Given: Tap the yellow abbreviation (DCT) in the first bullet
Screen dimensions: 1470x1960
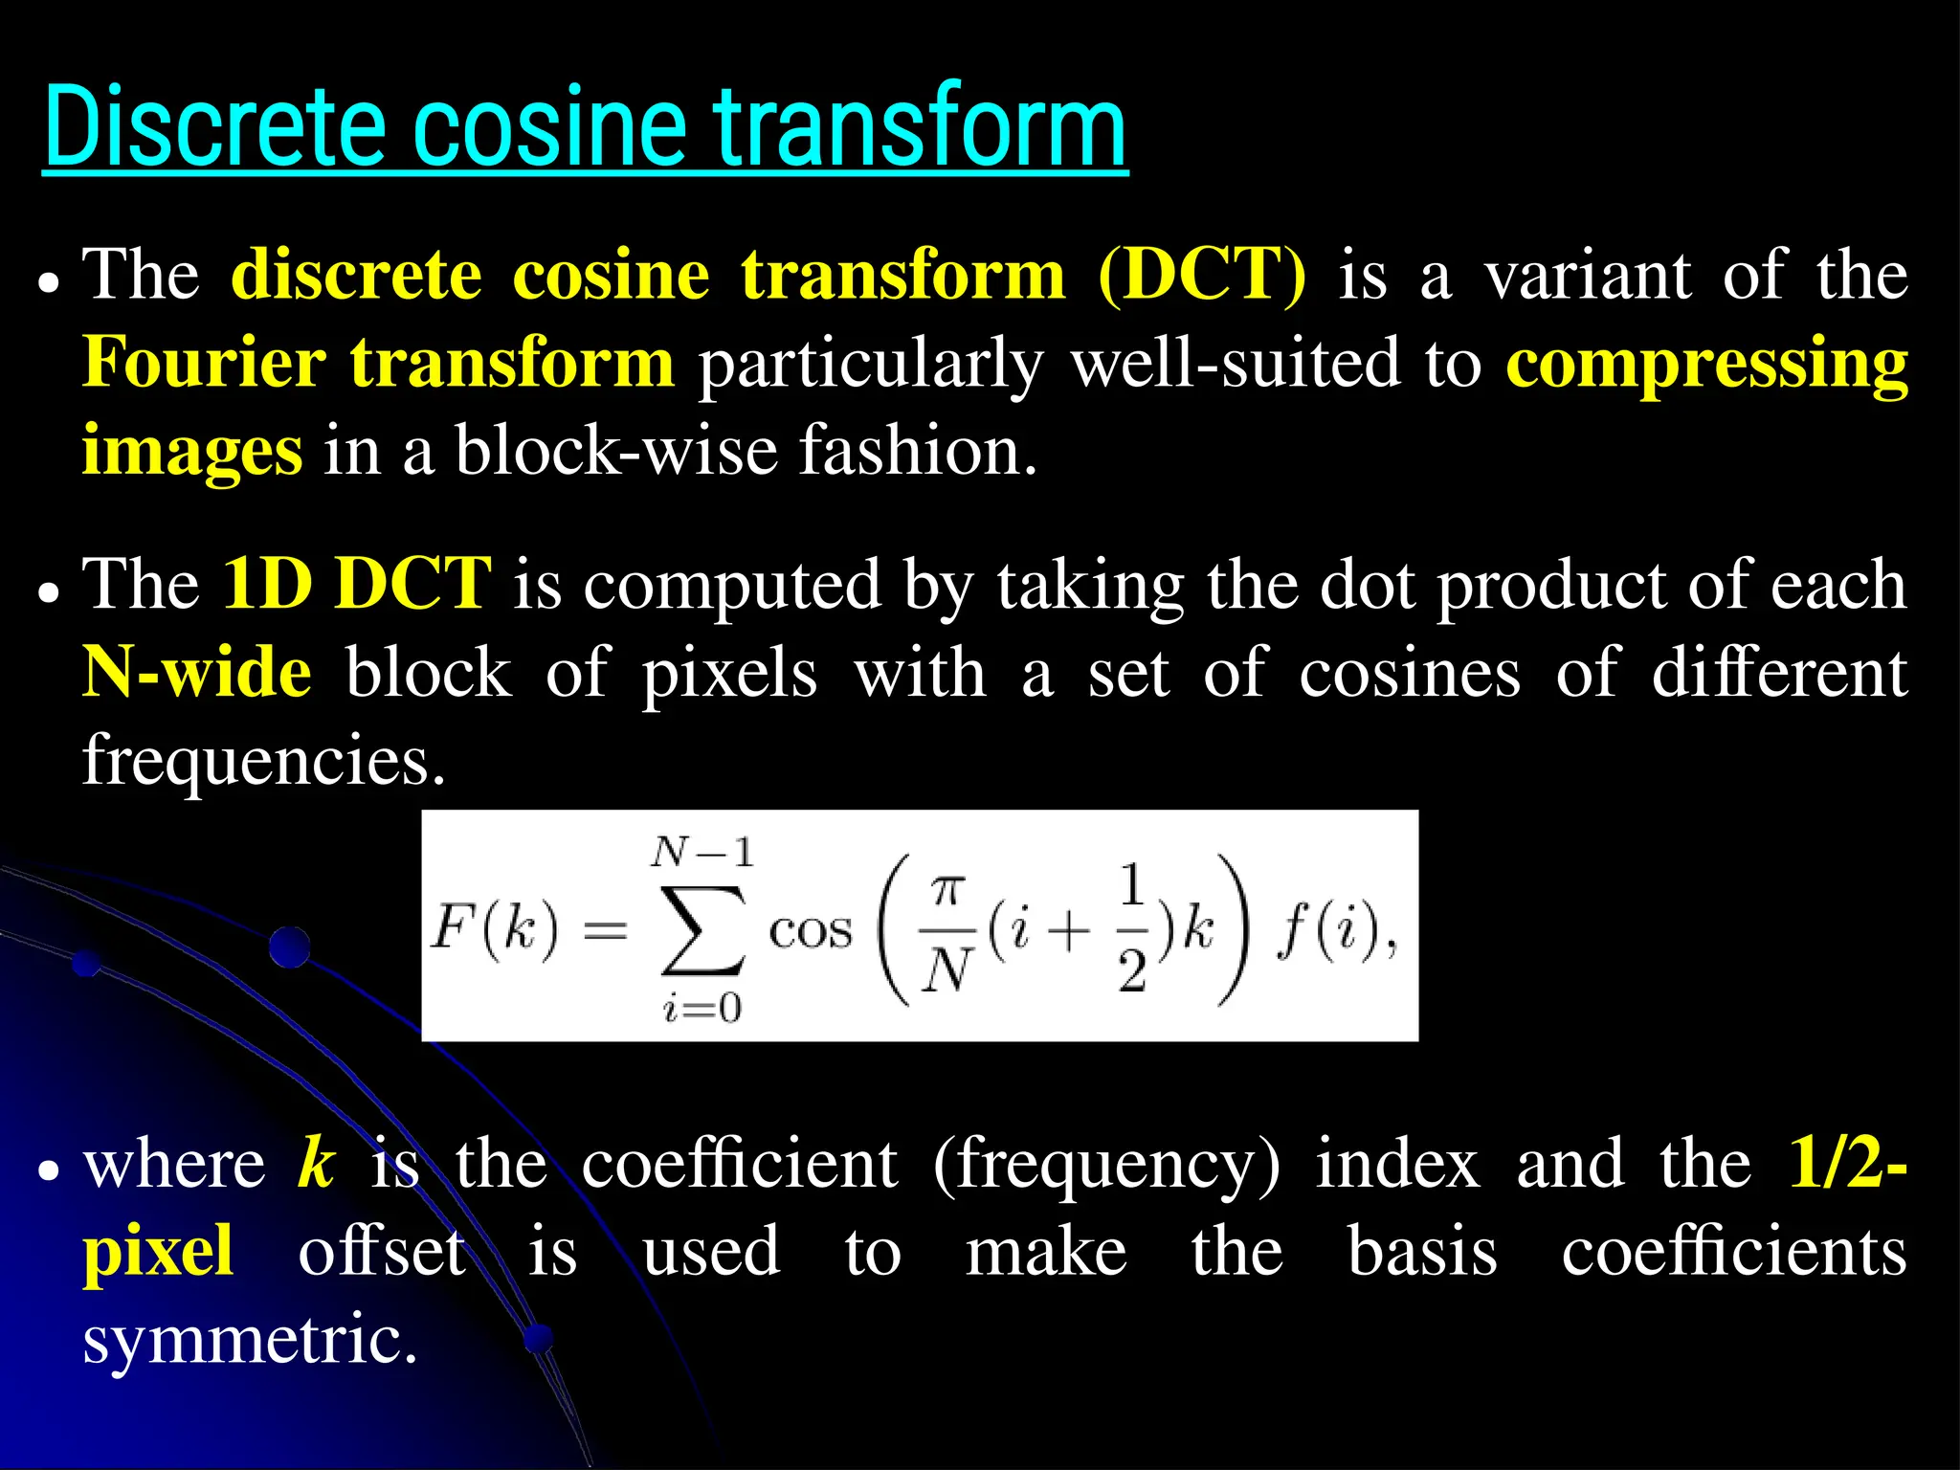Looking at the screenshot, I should click(1202, 276).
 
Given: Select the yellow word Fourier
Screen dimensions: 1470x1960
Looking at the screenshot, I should click(204, 364).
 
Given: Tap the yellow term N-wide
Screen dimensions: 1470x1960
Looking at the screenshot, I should click(197, 672).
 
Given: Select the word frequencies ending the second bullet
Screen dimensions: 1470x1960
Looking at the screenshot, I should click(264, 760).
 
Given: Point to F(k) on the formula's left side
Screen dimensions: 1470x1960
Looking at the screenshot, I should click(494, 927).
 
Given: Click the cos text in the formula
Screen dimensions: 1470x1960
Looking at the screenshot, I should click(810, 931).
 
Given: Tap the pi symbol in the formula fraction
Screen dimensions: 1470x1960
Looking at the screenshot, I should click(946, 891).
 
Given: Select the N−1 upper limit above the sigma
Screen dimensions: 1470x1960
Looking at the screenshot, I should click(702, 851).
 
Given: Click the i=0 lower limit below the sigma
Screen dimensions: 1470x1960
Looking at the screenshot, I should click(702, 1008).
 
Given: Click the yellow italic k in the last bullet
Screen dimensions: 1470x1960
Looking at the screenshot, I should click(316, 1164).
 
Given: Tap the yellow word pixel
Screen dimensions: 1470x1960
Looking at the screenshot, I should click(159, 1252).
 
